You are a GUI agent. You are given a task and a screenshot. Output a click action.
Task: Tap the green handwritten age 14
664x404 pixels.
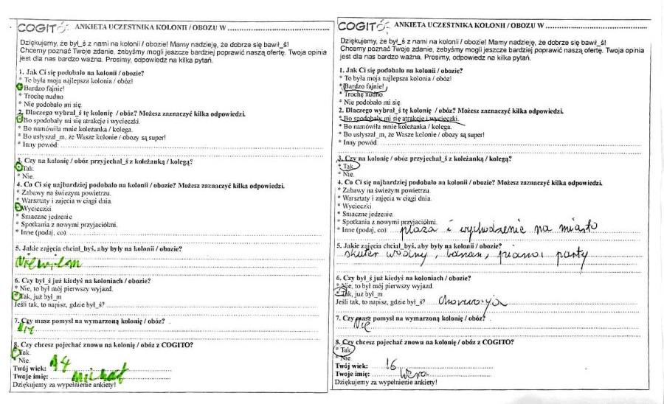tap(61, 364)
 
